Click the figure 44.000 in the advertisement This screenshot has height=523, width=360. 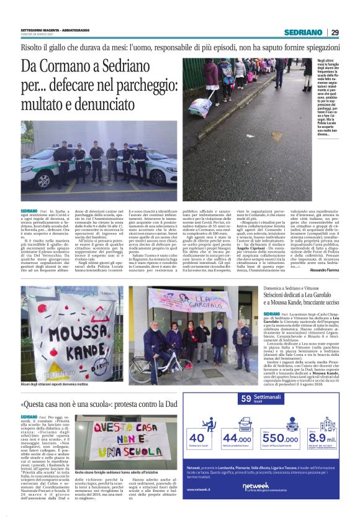(x=237, y=439)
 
